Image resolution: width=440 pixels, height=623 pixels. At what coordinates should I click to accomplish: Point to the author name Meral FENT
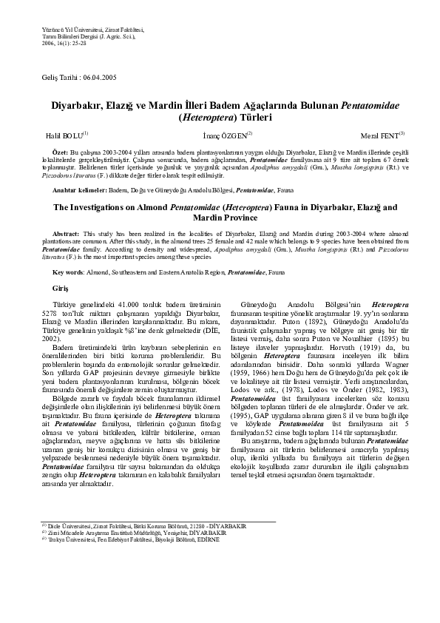point(373,134)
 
